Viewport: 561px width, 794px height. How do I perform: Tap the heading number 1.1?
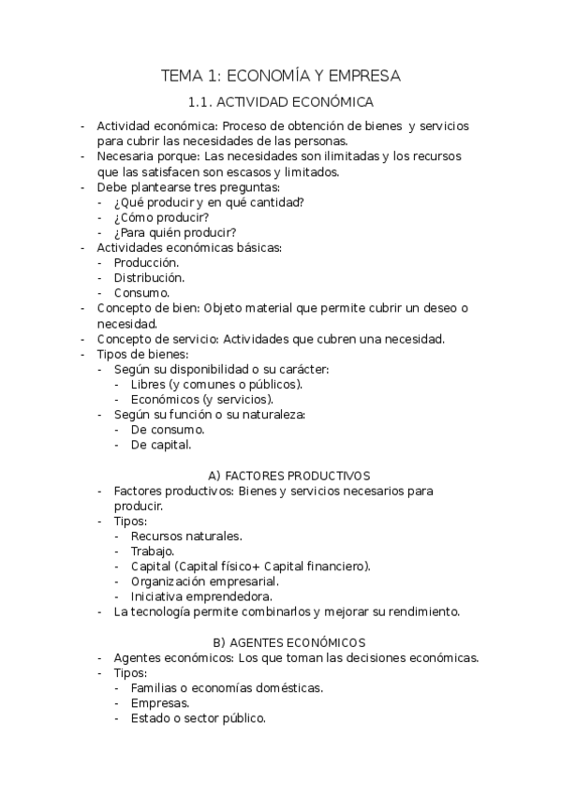point(203,101)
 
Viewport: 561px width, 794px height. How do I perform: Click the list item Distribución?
point(150,277)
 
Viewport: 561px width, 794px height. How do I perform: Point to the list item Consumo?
point(142,292)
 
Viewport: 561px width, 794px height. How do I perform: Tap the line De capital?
point(161,445)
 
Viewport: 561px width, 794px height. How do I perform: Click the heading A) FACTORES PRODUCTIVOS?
point(289,476)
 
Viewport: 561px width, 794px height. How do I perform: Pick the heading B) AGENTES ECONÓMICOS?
point(289,642)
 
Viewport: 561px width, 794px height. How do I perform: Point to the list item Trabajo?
point(153,551)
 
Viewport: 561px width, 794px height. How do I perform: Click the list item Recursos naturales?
point(186,536)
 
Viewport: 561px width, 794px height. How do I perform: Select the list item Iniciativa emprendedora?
point(202,596)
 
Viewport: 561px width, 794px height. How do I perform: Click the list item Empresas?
point(160,702)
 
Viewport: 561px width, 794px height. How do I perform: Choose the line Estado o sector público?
point(199,718)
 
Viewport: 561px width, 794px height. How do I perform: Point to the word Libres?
point(148,384)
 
